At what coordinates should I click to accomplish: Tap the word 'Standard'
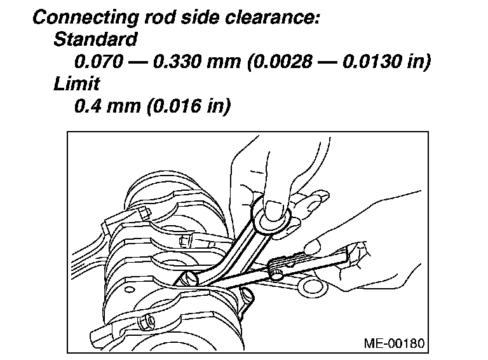96,39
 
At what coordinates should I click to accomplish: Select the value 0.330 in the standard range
170,62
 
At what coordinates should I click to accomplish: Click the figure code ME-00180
394,343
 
